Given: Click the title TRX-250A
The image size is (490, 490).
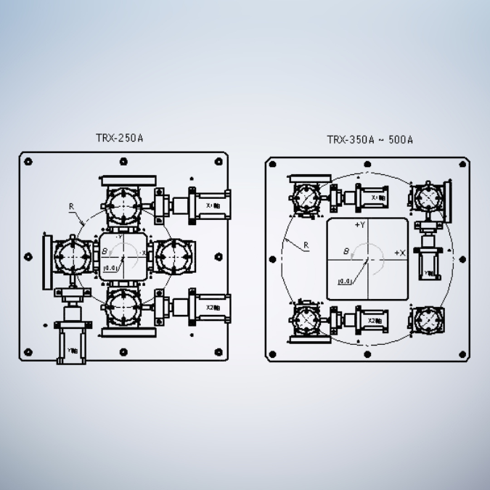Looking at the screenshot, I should [x=119, y=137].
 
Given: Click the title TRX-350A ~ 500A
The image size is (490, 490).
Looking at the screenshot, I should [x=369, y=139].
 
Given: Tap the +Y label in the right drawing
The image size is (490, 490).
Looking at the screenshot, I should [x=360, y=226].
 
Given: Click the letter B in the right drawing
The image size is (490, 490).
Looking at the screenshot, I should [x=346, y=251].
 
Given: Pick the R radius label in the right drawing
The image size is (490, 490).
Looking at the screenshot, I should [x=306, y=245].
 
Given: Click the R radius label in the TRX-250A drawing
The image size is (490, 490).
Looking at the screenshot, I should [x=71, y=207].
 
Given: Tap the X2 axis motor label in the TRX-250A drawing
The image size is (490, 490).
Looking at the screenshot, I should [x=213, y=307].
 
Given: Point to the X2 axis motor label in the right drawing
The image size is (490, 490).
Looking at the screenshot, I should [x=375, y=320].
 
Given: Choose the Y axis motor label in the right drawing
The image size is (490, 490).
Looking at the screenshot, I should [x=429, y=274].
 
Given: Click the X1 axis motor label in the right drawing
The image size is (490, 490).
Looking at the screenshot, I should [x=378, y=197].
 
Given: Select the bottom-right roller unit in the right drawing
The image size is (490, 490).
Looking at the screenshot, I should [x=428, y=318].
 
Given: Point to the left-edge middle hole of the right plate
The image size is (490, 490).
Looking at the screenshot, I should [x=273, y=259].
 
